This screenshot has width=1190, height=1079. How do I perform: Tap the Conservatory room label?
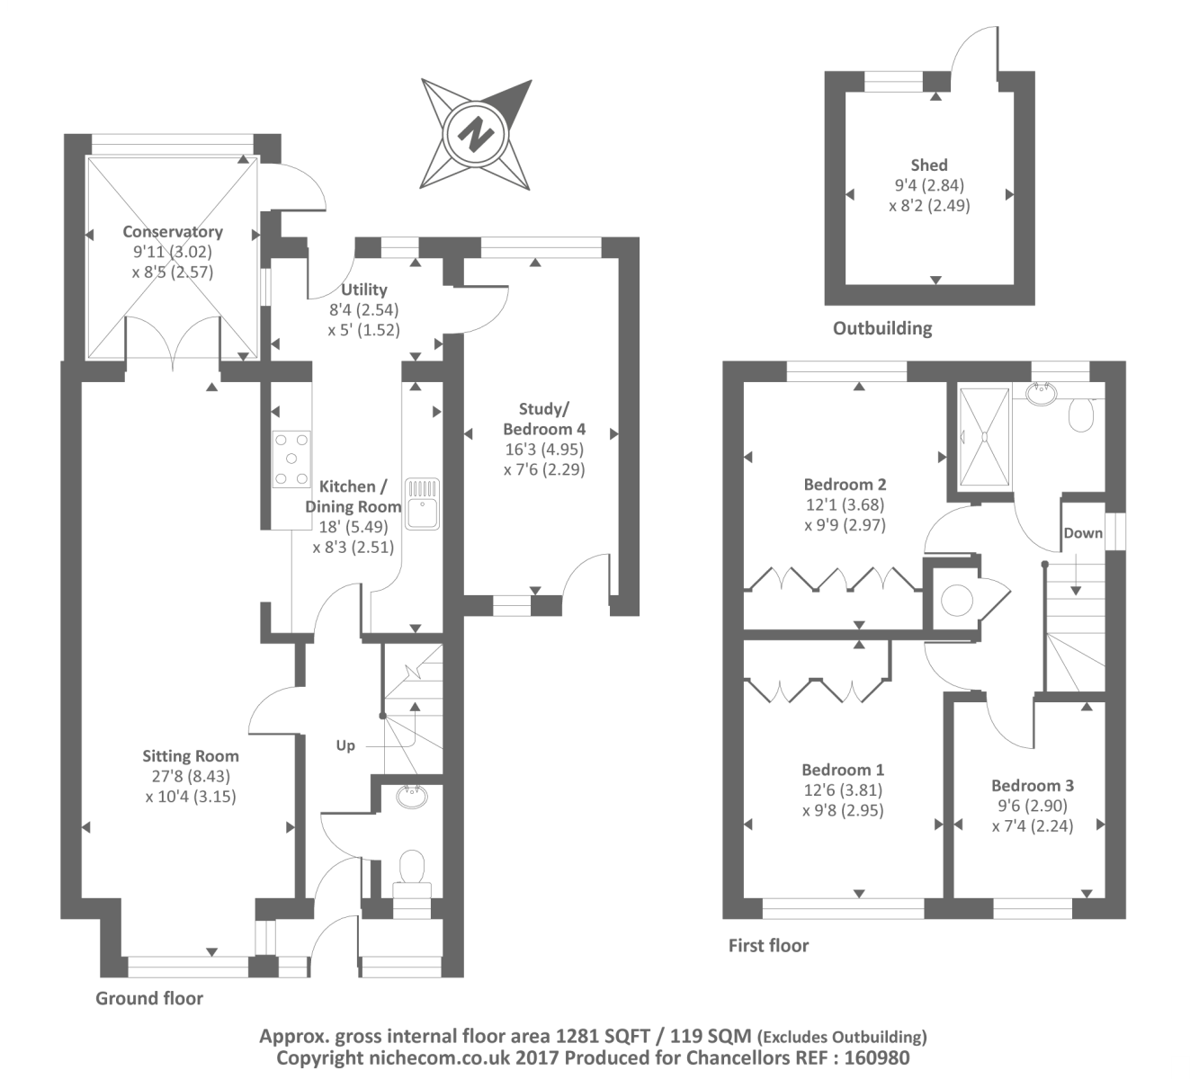click(x=173, y=232)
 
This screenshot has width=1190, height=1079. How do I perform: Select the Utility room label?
click(x=364, y=290)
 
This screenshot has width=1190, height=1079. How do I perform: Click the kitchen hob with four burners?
click(x=291, y=459)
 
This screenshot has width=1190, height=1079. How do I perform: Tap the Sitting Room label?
click(x=190, y=756)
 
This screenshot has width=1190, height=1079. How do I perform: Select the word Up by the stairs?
click(x=346, y=745)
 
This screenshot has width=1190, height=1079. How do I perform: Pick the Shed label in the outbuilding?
click(x=929, y=165)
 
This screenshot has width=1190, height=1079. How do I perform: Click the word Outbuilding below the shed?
click(x=881, y=328)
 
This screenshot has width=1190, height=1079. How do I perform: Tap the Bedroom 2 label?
click(x=845, y=486)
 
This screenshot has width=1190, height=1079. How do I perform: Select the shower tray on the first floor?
click(x=984, y=435)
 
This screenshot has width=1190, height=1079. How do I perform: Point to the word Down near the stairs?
click(x=1082, y=533)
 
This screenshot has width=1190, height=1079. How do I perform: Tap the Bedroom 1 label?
click(x=843, y=771)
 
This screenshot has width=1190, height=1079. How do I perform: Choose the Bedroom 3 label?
click(x=1033, y=785)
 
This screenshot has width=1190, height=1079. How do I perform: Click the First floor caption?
click(x=768, y=946)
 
